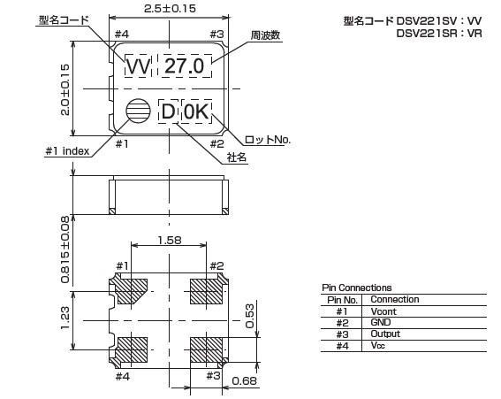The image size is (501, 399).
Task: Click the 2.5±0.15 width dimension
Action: pyautogui.click(x=170, y=8)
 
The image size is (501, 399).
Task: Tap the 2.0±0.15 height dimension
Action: pyautogui.click(x=65, y=90)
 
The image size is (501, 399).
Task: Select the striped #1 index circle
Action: pyautogui.click(x=138, y=111)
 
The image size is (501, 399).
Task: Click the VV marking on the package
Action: pyautogui.click(x=138, y=66)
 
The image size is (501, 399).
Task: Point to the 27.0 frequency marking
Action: pyautogui.click(x=185, y=66)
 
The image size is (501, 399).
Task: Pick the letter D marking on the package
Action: pyautogui.click(x=168, y=112)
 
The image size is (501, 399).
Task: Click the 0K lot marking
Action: pyautogui.click(x=196, y=112)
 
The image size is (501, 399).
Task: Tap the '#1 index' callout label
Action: pyautogui.click(x=67, y=151)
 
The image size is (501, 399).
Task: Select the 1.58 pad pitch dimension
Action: pyautogui.click(x=170, y=240)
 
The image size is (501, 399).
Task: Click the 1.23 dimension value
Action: pyautogui.click(x=65, y=318)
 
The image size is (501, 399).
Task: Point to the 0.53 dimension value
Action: pyautogui.click(x=249, y=316)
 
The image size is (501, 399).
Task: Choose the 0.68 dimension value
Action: pyautogui.click(x=244, y=380)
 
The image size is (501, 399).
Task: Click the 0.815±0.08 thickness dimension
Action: pyautogui.click(x=65, y=249)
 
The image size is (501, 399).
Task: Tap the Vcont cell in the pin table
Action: pyautogui.click(x=383, y=311)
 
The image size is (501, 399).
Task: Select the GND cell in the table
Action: pyautogui.click(x=381, y=322)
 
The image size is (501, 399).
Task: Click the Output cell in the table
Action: pyautogui.click(x=385, y=334)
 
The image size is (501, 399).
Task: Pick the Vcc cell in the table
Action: pyautogui.click(x=377, y=345)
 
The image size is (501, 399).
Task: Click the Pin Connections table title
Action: pyautogui.click(x=357, y=288)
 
